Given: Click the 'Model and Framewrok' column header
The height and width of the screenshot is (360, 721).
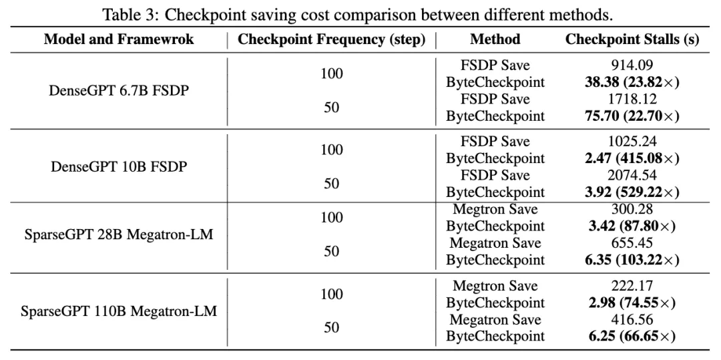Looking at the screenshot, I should click(118, 39).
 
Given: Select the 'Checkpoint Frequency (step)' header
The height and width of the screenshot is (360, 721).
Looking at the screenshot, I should click(332, 39).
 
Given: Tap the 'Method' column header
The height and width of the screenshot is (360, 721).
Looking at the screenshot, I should click(495, 39).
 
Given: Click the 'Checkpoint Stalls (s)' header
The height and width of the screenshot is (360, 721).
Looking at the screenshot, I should click(632, 39).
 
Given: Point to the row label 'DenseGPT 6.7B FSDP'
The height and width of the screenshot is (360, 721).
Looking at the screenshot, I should click(118, 90).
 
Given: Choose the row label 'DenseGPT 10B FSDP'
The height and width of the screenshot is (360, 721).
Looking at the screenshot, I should click(118, 166).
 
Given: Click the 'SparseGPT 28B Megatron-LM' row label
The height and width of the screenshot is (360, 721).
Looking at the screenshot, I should click(118, 235).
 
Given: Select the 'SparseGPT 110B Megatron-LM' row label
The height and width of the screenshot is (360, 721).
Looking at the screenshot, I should click(118, 311).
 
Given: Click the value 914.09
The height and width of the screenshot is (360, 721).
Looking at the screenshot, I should click(632, 65).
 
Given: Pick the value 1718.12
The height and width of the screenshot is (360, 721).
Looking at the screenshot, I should click(632, 99).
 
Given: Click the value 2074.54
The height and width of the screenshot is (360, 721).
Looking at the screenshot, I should click(632, 175).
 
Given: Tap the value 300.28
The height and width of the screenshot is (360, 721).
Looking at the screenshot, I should click(632, 210).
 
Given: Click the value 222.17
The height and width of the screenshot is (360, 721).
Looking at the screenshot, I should click(632, 286).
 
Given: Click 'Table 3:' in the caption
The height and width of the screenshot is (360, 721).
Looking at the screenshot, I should click(125, 13).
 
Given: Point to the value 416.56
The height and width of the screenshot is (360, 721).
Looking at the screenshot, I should click(632, 319).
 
